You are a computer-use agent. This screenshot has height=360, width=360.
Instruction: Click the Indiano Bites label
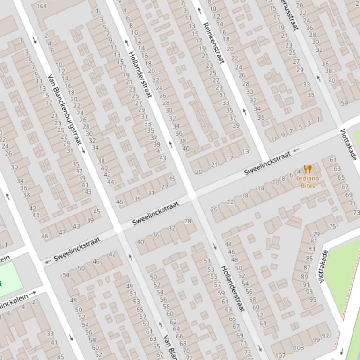tap(308, 182)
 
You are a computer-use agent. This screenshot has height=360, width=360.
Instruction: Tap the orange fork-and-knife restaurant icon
tap(308, 169)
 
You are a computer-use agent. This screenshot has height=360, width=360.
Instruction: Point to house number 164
tap(42, 6)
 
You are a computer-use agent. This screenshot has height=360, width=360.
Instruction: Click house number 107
tap(280, 356)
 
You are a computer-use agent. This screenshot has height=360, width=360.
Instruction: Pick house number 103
tap(299, 348)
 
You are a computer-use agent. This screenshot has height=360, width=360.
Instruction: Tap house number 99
tap(316, 340)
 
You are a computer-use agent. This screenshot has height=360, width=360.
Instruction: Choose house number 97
tap(325, 335)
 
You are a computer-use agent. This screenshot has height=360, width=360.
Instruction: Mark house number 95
tap(312, 300)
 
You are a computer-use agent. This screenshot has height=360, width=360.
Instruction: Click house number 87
tap(307, 267)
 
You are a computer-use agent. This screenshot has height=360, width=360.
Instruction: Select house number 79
tap(316, 234)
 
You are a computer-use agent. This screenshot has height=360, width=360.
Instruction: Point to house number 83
tap(311, 250)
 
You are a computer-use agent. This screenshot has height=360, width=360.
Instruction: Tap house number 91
tap(306, 284)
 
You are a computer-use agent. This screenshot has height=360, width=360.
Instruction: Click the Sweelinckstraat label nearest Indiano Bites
tap(267, 164)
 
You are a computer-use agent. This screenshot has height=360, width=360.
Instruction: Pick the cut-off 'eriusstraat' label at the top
tap(290, 15)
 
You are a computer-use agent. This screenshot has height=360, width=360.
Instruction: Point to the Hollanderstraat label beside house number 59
tap(233, 288)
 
